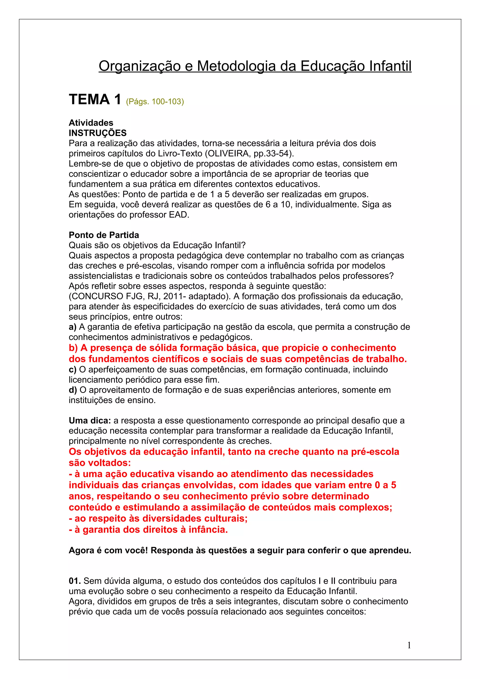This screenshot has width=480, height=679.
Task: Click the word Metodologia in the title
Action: [x=237, y=66]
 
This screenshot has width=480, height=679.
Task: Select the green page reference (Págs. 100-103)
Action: [x=155, y=101]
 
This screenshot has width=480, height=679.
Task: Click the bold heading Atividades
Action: [x=91, y=123]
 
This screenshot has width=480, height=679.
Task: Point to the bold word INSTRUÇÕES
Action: [x=97, y=133]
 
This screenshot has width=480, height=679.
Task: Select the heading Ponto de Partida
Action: [x=104, y=235]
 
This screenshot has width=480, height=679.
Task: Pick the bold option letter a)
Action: [x=72, y=327]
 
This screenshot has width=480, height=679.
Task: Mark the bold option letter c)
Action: [x=72, y=370]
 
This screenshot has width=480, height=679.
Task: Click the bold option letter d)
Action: [x=73, y=390]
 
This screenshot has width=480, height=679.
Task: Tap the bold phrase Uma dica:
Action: [x=90, y=421]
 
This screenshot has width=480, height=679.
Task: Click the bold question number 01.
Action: [x=75, y=581]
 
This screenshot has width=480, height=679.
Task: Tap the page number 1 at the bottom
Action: [x=409, y=645]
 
